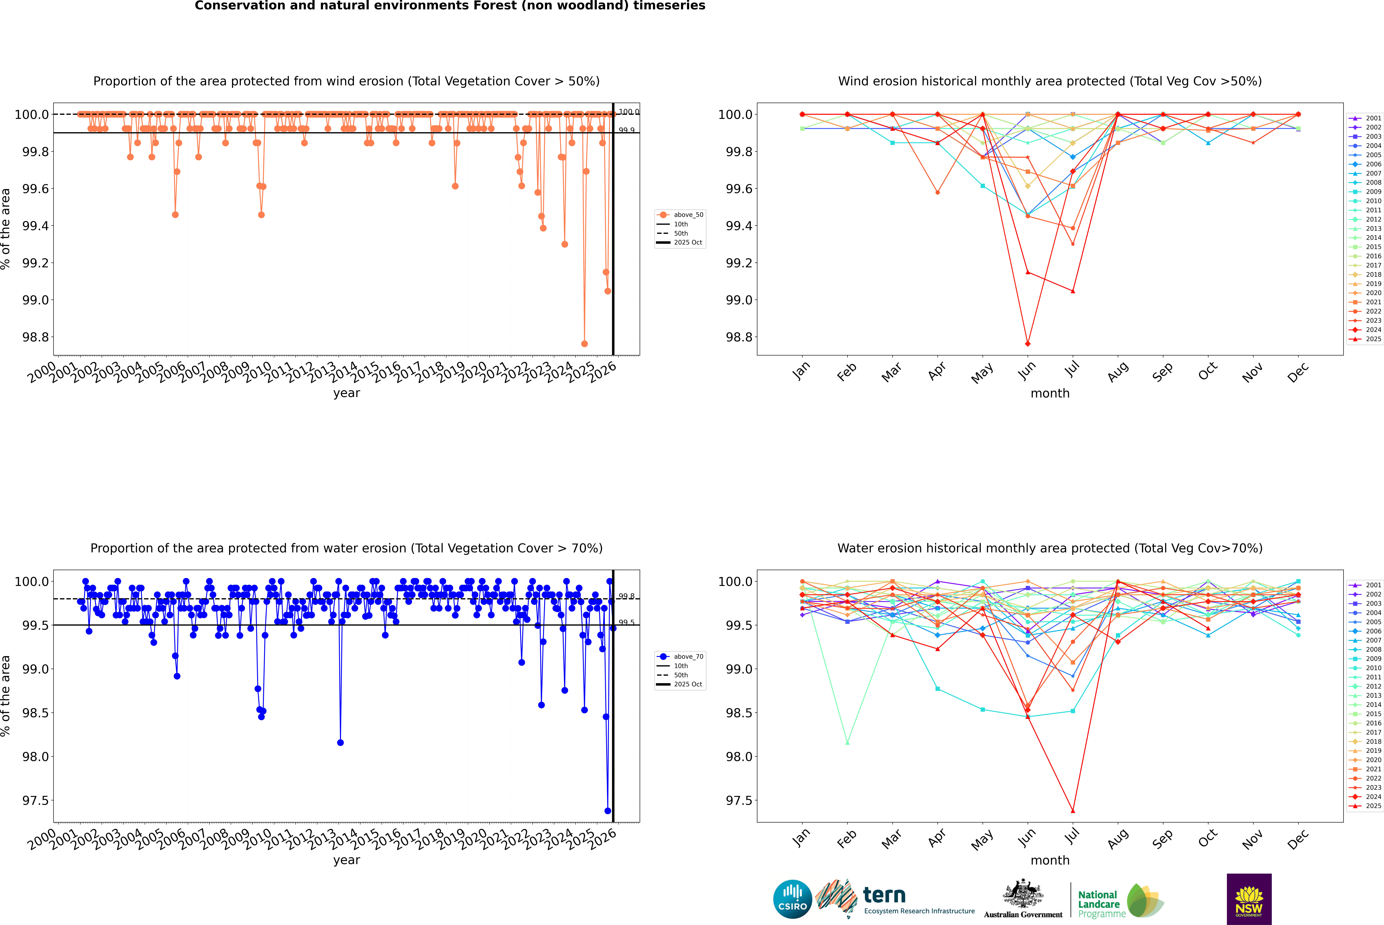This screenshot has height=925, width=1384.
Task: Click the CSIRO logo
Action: click(792, 899)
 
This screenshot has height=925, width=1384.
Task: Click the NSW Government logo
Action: click(1249, 899)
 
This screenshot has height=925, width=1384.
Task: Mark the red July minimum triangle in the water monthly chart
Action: click(1072, 811)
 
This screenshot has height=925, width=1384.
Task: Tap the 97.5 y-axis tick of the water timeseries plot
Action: click(35, 801)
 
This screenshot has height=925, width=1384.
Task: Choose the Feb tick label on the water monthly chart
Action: click(847, 839)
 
